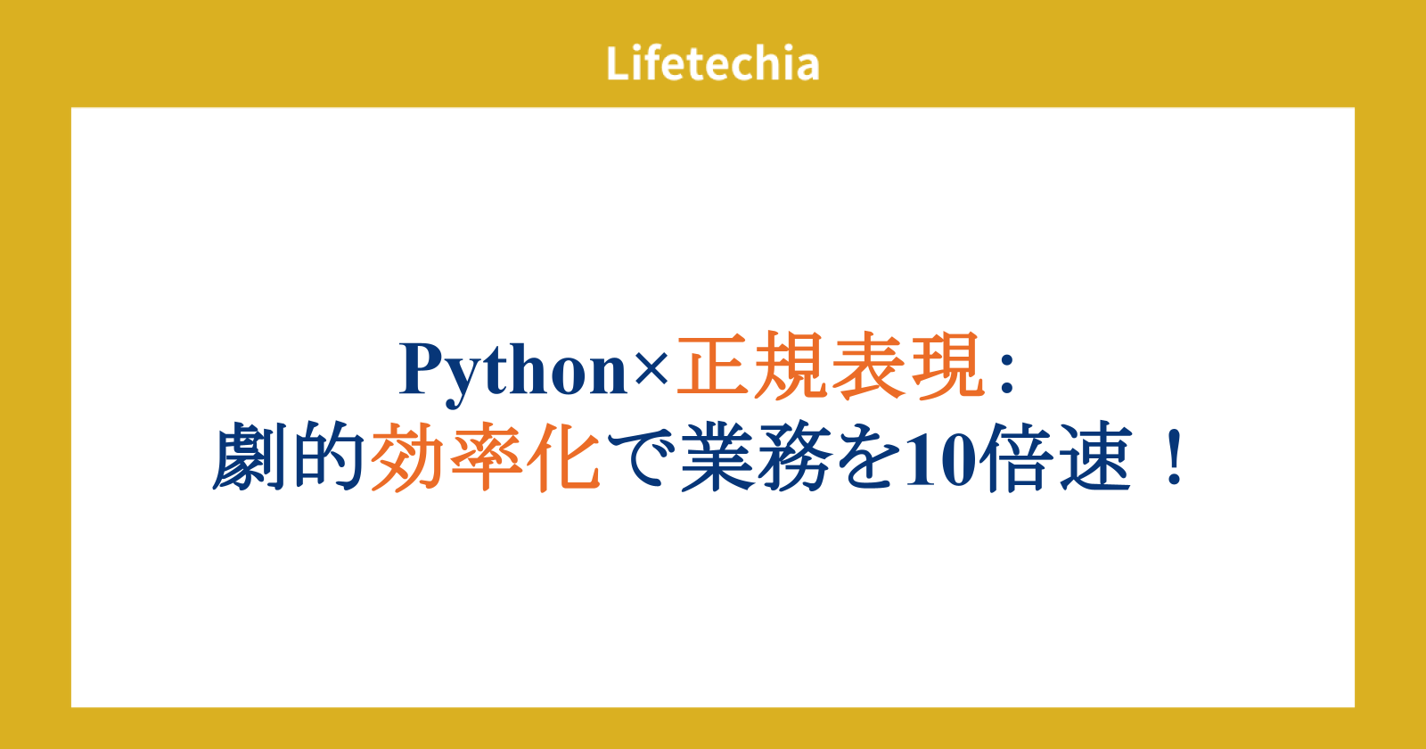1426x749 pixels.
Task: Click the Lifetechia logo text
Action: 712,63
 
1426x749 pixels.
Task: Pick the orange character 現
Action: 948,366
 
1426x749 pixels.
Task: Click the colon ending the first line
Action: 1006,374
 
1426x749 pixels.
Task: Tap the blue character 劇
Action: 250,456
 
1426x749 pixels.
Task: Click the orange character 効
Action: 407,457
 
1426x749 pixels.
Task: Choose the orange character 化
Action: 564,457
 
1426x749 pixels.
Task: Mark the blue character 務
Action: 796,457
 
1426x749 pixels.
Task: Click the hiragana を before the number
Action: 868,457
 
